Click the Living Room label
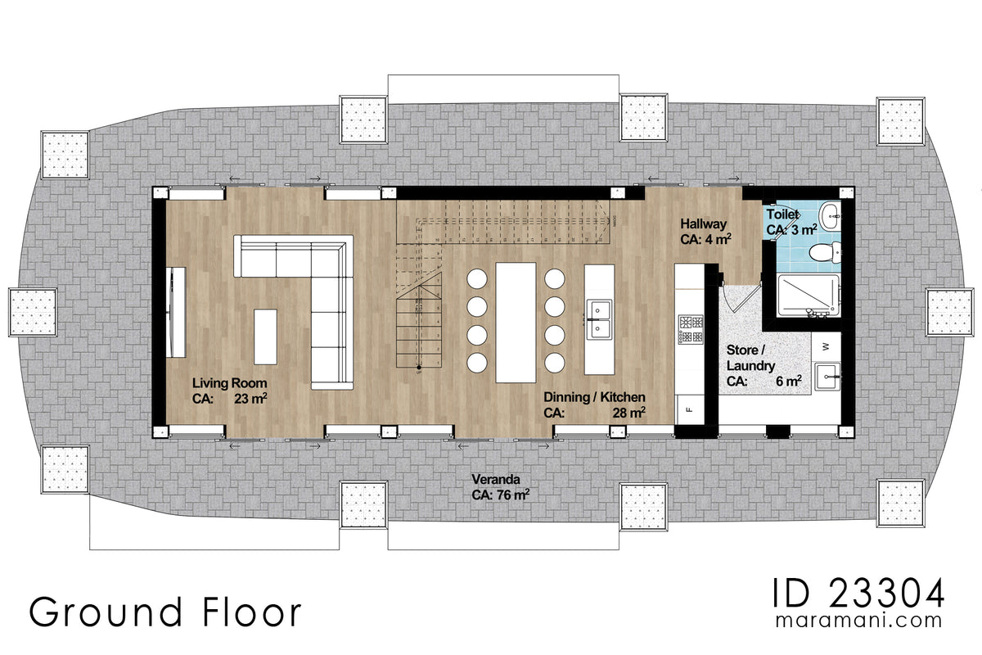(x=229, y=382)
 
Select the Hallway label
(x=703, y=224)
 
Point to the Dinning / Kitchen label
(x=594, y=397)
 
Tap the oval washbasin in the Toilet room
(x=831, y=215)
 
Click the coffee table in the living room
(x=266, y=336)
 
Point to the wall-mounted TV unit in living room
(x=174, y=312)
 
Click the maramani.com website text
(x=859, y=622)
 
